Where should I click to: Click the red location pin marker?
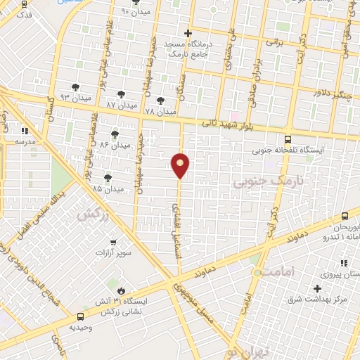click(181, 165)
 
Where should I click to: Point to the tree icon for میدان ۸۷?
click(121, 94)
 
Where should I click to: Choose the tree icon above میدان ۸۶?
click(115, 134)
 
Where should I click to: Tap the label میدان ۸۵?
click(107, 189)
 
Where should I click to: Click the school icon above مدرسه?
click(25, 130)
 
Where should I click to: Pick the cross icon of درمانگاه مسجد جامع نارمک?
click(188, 33)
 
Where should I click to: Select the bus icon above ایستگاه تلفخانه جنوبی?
click(287, 139)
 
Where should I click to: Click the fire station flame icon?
click(121, 290)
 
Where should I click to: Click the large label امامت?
click(274, 271)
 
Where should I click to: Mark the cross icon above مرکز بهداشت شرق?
click(318, 288)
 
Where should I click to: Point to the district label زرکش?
click(93, 215)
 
